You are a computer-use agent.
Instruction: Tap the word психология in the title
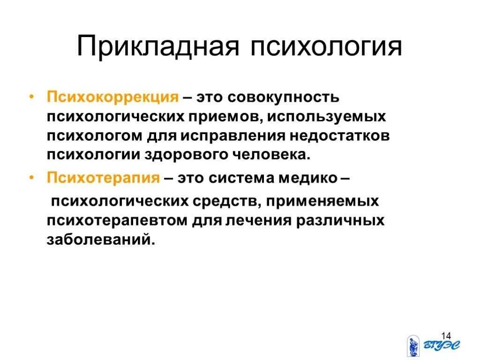tap(326, 47)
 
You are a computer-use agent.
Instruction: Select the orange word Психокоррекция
tap(112, 98)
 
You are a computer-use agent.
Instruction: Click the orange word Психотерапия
tap(104, 178)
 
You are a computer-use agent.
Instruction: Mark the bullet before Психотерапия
tap(31, 178)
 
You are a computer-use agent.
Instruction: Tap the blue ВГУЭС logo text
tap(442, 346)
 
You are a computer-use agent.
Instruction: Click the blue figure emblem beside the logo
tap(413, 346)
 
